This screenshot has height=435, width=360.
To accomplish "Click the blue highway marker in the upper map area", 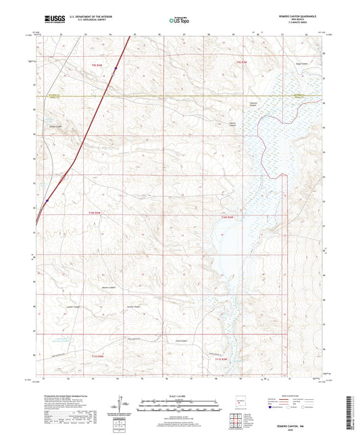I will [115, 68].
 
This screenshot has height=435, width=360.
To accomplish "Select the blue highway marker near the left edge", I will [47, 201].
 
